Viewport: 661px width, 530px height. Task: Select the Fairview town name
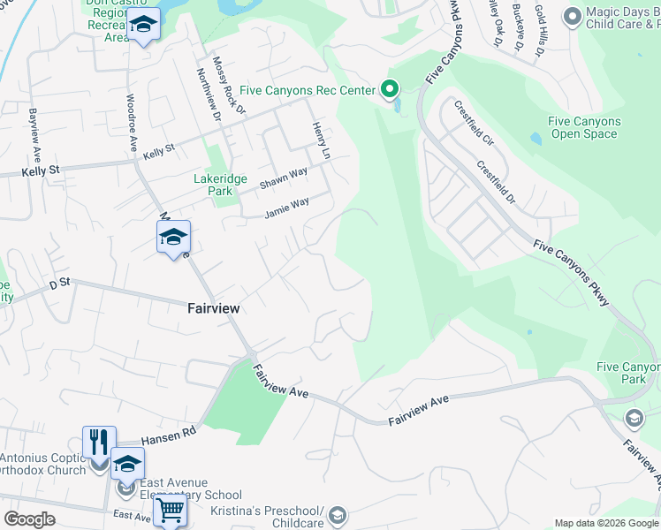(214, 309)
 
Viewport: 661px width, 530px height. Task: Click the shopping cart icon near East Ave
(170, 510)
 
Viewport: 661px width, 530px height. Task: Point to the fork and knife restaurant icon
(99, 442)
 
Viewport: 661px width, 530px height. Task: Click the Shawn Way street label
(284, 178)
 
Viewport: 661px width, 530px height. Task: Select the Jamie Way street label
(287, 208)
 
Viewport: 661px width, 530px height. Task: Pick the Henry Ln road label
(324, 141)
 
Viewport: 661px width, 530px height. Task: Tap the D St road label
(59, 284)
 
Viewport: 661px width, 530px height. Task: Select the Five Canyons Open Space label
(583, 128)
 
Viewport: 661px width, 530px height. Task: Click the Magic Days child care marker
(571, 16)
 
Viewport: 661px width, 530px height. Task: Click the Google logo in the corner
(29, 519)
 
